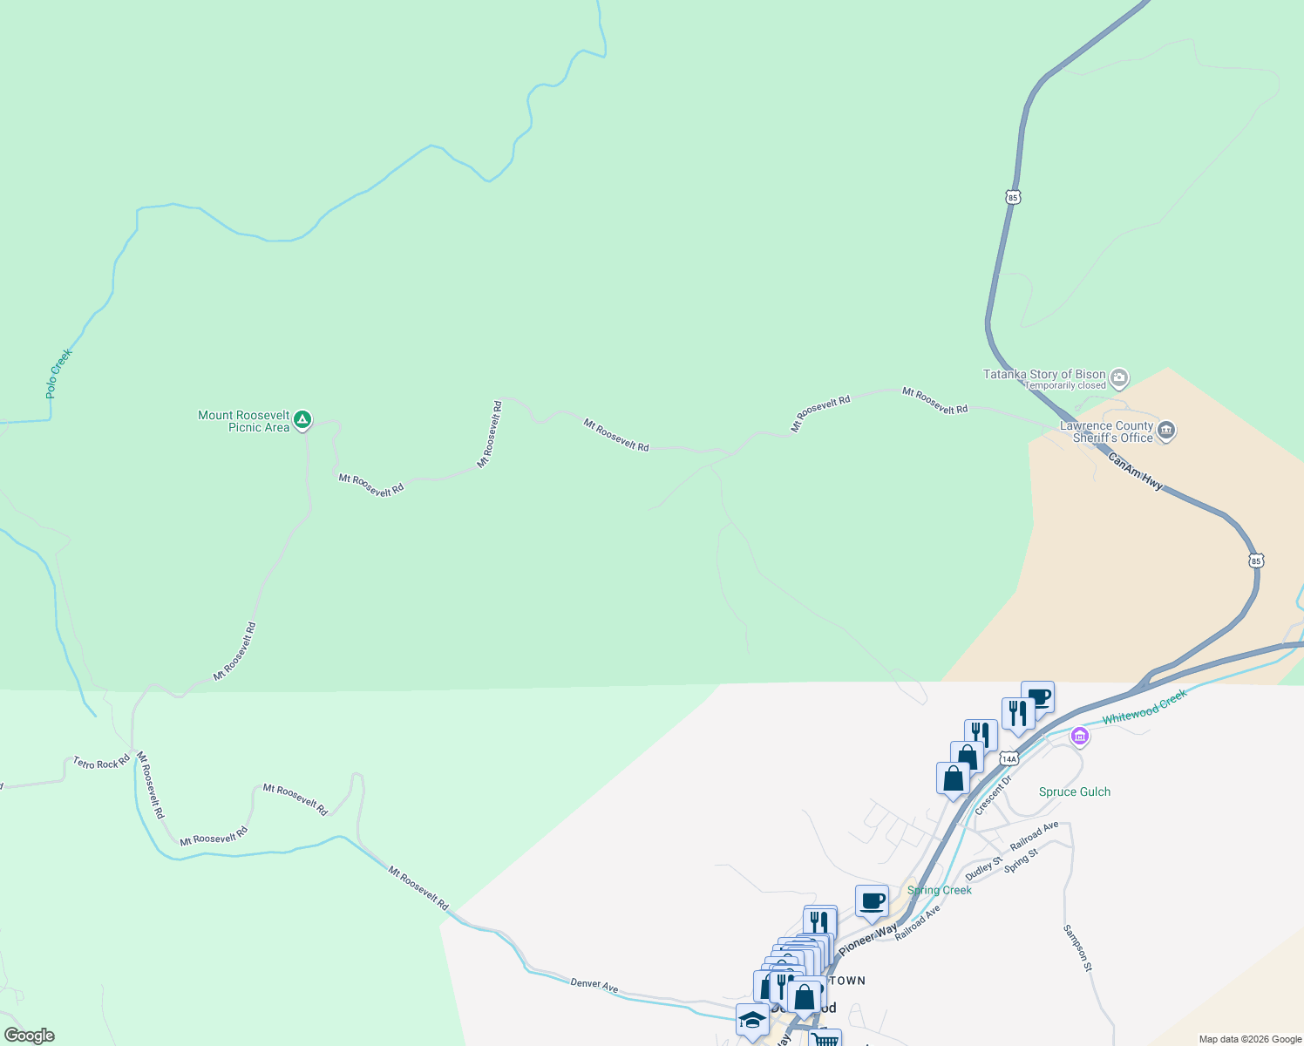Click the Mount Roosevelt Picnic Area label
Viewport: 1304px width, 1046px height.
click(x=243, y=421)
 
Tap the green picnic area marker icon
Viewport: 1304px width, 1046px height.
click(x=302, y=420)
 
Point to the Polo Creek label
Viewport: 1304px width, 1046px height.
click(x=58, y=374)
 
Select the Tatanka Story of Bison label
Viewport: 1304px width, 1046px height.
click(x=1044, y=374)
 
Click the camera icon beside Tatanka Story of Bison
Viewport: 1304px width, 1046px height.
click(x=1120, y=378)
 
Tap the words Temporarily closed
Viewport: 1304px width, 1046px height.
click(x=1065, y=385)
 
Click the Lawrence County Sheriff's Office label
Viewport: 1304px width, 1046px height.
click(x=1106, y=431)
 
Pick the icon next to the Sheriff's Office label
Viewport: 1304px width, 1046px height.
click(x=1167, y=431)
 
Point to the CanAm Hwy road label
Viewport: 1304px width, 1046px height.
click(x=1135, y=471)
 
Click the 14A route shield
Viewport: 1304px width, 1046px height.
click(x=1009, y=757)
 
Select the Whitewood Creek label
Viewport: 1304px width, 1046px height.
click(x=1144, y=707)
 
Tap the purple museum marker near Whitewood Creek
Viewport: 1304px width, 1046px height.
click(x=1080, y=737)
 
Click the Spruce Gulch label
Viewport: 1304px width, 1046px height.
click(x=1075, y=791)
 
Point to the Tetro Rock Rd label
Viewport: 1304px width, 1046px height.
click(x=101, y=763)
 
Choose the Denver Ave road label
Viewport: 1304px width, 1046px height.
click(x=594, y=984)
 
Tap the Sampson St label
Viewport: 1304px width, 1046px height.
click(x=1077, y=948)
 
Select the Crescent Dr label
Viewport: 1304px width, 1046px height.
click(x=993, y=795)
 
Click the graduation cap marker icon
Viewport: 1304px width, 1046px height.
click(x=751, y=1020)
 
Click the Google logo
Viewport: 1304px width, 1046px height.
click(x=29, y=1036)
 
